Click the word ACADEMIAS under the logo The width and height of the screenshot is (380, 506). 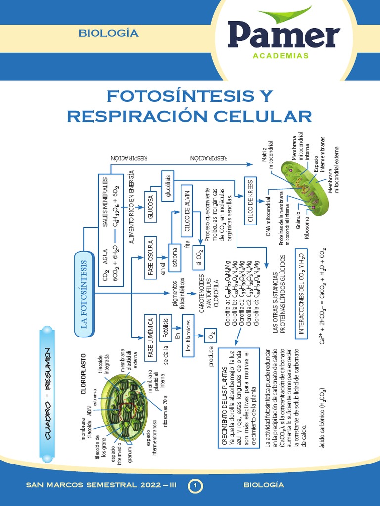click(281, 56)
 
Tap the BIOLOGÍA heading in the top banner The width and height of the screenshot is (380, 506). click(108, 34)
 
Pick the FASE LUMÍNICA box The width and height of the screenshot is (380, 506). click(150, 337)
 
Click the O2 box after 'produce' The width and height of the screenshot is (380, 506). click(211, 336)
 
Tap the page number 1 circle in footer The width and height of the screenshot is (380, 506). click(196, 486)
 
